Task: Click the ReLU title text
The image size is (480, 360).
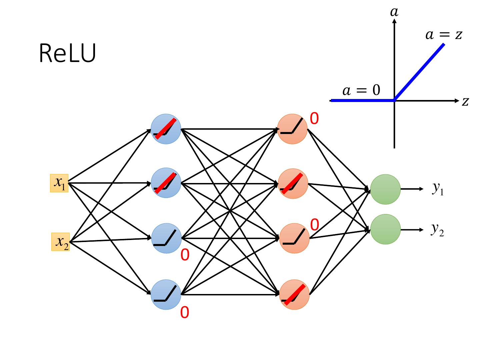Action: coord(68,53)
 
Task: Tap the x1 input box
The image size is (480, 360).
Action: coord(59,183)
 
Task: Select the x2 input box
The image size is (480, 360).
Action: coord(61,242)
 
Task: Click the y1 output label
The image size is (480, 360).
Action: coord(438,189)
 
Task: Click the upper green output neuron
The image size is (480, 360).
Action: coord(385,189)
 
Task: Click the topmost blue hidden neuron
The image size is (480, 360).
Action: coord(166,129)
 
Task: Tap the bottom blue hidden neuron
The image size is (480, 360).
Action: coord(166,294)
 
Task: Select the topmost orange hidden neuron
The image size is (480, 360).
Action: coord(292,129)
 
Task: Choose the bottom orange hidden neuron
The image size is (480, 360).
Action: coord(294,294)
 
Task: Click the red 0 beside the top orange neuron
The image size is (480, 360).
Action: coord(314,119)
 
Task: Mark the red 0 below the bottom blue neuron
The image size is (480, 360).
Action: coord(185,313)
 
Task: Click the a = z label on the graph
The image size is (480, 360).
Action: coord(444,35)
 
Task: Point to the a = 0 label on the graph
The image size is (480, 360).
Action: coord(361,90)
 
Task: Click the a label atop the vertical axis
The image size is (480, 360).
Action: coord(394,12)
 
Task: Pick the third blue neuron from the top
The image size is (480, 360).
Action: coord(166,238)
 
